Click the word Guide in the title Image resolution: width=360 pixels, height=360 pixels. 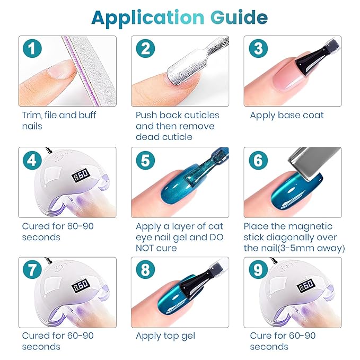pos(239,17)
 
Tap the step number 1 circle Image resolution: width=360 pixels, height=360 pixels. pos(32,48)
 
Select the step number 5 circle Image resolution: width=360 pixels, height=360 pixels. pos(145,160)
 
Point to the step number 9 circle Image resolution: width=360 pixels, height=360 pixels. pos(258,269)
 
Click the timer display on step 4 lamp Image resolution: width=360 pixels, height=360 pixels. pos(81,175)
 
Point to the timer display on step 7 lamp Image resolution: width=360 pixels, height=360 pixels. pos(81,285)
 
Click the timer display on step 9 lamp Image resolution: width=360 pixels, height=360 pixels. pos(306,285)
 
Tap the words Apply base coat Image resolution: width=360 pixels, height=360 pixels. pos(287,116)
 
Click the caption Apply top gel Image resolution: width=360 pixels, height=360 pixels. pos(165,336)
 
